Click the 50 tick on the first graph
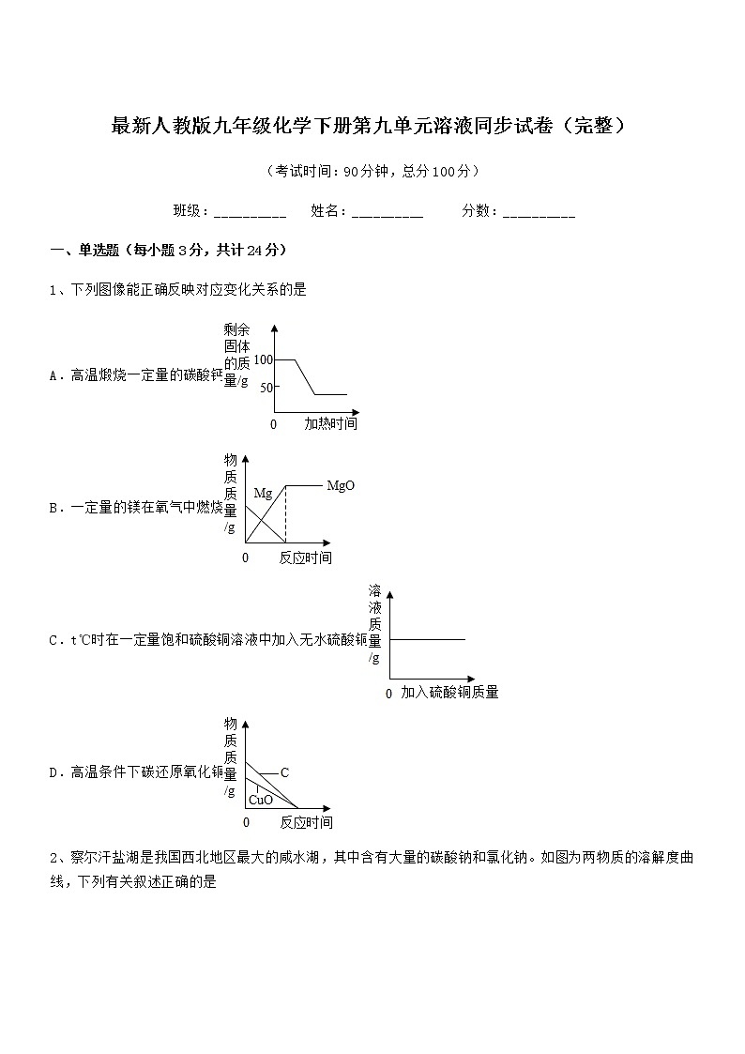pyautogui.click(x=265, y=387)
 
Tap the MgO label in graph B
pyautogui.click(x=341, y=486)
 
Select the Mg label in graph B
pyautogui.click(x=263, y=493)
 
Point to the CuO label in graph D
pyautogui.click(x=260, y=800)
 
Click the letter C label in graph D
pyautogui.click(x=284, y=772)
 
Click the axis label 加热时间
pyautogui.click(x=330, y=424)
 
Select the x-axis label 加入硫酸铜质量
pyautogui.click(x=449, y=693)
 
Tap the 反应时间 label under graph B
pyautogui.click(x=306, y=558)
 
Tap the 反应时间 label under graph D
pyautogui.click(x=306, y=823)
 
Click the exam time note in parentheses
pyautogui.click(x=372, y=171)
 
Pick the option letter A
pyautogui.click(x=53, y=375)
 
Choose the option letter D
pyautogui.click(x=53, y=773)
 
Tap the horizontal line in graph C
pyautogui.click(x=427, y=639)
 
